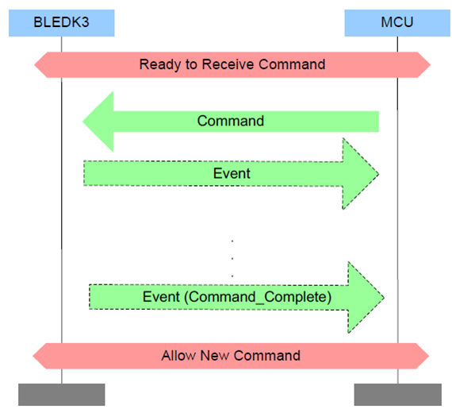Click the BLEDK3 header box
(x=61, y=22)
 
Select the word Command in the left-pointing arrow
(x=231, y=122)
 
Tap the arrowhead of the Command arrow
(x=99, y=122)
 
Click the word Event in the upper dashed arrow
(x=232, y=173)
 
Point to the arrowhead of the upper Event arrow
(x=361, y=173)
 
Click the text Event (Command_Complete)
(x=237, y=297)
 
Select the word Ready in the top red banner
(x=159, y=64)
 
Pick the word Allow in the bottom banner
(x=178, y=355)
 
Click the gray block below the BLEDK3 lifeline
(x=61, y=394)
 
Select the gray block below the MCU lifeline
(x=397, y=394)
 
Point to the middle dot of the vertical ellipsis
(x=232, y=257)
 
